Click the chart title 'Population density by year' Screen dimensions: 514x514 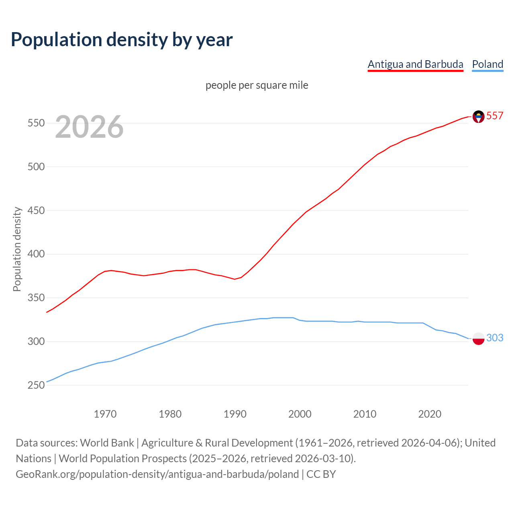[x=122, y=40]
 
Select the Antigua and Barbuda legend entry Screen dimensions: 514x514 [x=415, y=64]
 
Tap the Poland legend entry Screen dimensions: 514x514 [x=487, y=64]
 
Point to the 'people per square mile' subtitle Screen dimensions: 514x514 [x=257, y=85]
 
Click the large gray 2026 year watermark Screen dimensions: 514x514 [x=89, y=127]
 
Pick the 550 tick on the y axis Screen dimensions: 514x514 [x=36, y=123]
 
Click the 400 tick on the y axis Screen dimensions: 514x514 [x=36, y=254]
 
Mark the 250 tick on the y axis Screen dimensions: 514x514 [x=36, y=385]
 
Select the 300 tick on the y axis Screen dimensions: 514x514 [x=36, y=342]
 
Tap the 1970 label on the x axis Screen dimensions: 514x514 [x=105, y=414]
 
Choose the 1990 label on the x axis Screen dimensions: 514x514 [x=235, y=414]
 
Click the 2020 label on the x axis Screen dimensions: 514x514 [x=430, y=414]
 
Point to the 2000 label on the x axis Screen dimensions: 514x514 [x=300, y=414]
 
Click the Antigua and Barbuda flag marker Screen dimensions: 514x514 [x=478, y=116]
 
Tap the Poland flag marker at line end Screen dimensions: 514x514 [x=478, y=339]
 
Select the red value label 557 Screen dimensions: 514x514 [x=495, y=116]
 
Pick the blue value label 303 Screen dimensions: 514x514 [x=495, y=338]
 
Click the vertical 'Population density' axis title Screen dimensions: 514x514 [x=17, y=249]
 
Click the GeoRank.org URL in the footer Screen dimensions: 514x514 [x=157, y=474]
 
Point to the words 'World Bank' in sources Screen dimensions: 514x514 [x=107, y=443]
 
